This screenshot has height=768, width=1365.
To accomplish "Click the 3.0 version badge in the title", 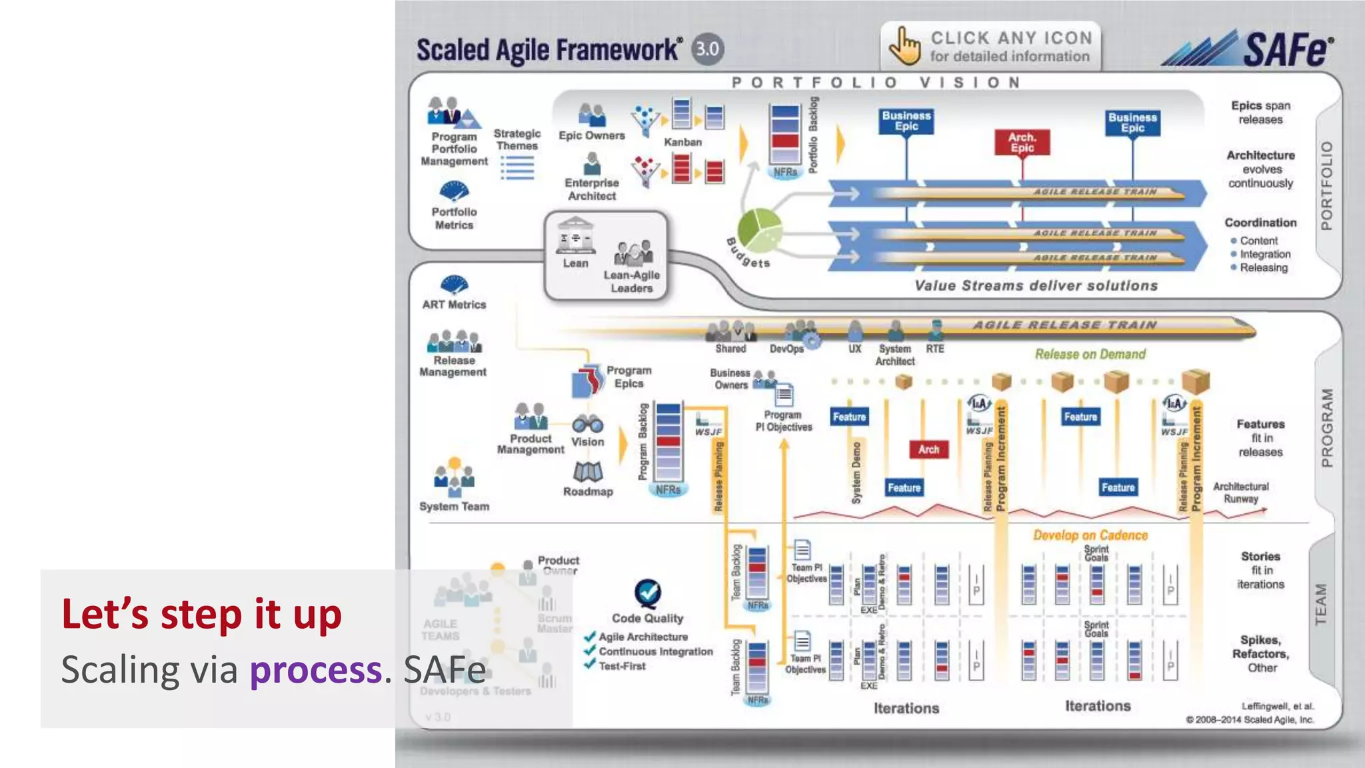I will (x=707, y=49).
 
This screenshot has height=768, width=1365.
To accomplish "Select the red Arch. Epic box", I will (x=1022, y=142).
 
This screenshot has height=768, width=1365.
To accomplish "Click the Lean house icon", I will (x=575, y=235).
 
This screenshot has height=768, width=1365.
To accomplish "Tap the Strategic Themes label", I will (x=517, y=139).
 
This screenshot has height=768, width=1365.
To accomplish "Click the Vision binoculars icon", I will (x=587, y=423).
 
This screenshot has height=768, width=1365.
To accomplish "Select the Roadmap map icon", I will (x=587, y=472).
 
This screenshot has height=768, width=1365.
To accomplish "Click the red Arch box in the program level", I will (x=928, y=449).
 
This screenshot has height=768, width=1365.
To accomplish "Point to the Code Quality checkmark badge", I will (x=647, y=592).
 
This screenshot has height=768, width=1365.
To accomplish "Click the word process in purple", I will (x=315, y=669).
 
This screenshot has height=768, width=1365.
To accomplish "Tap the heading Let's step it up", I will (x=201, y=613).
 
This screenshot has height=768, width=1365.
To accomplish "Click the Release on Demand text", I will (x=1090, y=354).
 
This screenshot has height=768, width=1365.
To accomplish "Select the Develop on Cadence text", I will (x=1090, y=535).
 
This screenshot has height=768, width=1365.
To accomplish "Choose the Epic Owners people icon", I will (x=591, y=115).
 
